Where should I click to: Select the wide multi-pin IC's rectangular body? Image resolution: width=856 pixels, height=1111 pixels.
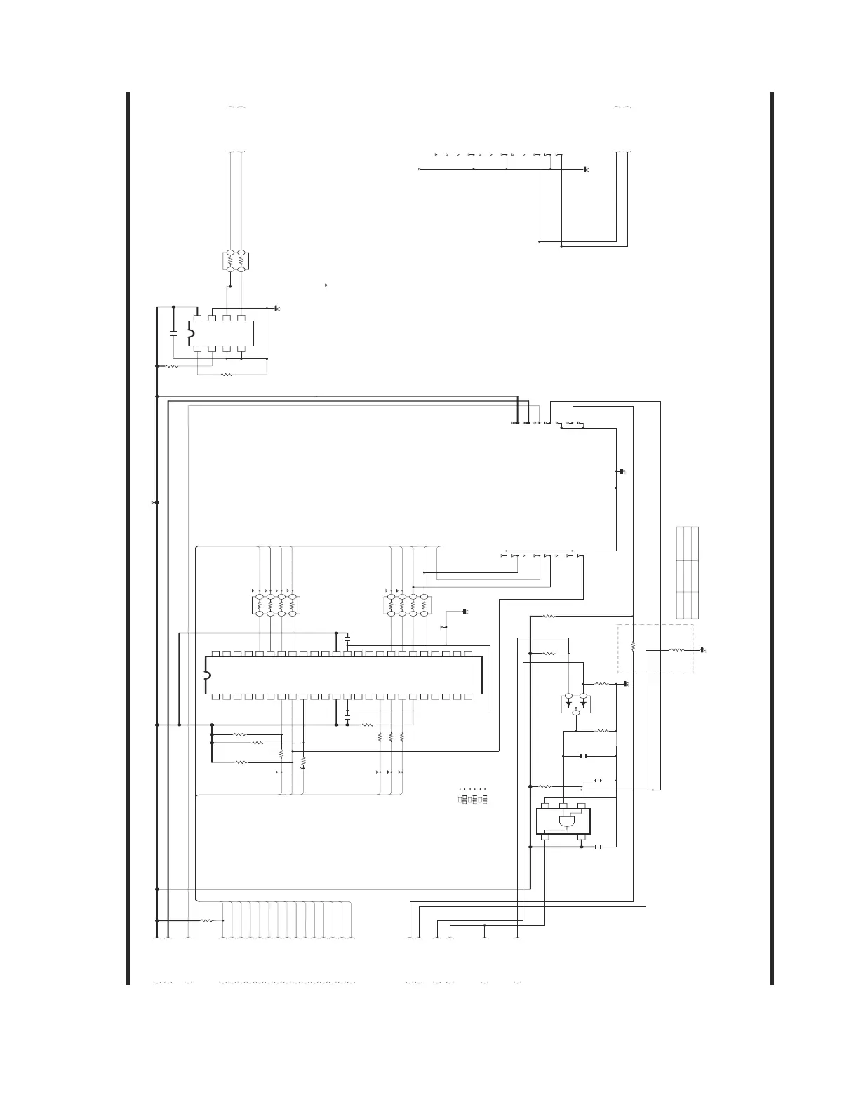[344, 675]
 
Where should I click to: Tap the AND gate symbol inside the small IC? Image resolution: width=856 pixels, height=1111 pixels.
[566, 821]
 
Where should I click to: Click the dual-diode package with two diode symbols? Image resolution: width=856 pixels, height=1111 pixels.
[575, 703]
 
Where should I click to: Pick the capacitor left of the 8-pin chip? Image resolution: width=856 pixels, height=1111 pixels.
[173, 332]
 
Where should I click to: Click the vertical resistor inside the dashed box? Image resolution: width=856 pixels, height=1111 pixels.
[632, 645]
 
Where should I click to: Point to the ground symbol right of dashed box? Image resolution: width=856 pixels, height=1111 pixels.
[703, 650]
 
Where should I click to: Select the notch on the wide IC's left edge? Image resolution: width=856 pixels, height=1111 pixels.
[207, 675]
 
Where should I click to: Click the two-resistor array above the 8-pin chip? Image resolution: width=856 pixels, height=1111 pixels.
[236, 261]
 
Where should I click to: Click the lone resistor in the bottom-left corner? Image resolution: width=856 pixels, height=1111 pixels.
[207, 920]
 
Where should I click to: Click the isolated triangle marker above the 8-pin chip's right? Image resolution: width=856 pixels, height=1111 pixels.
[326, 285]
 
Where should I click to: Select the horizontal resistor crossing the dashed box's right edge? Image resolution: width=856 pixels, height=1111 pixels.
[676, 650]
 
